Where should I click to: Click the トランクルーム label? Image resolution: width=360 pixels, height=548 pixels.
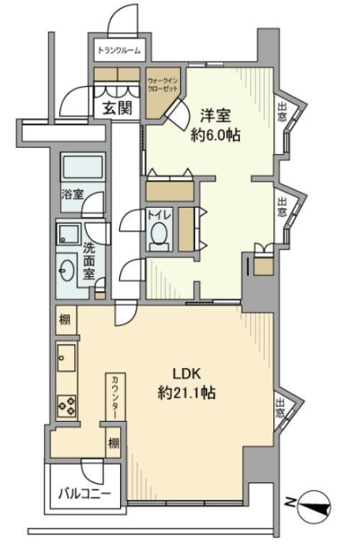click(x=119, y=51)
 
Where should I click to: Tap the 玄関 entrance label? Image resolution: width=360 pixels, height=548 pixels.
click(x=117, y=108)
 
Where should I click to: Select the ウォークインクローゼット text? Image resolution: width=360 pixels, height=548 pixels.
click(x=163, y=84)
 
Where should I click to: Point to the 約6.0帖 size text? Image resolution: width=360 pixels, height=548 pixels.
click(x=216, y=135)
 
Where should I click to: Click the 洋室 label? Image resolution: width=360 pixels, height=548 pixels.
click(x=216, y=116)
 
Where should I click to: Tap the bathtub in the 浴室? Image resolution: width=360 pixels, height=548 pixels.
click(x=83, y=167)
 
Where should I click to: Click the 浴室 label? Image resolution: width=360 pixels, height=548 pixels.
click(x=73, y=194)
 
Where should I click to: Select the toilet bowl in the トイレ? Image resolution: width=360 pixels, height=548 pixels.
click(x=159, y=232)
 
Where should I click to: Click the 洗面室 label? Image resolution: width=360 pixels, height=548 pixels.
click(x=89, y=261)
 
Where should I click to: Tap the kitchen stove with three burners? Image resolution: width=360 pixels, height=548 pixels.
click(x=66, y=406)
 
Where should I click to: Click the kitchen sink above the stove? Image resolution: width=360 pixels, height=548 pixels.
click(x=66, y=358)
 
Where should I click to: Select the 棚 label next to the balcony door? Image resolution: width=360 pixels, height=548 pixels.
click(x=114, y=443)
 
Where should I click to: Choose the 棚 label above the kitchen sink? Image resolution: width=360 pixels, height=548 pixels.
click(x=65, y=320)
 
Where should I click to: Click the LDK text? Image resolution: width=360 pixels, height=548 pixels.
click(x=187, y=374)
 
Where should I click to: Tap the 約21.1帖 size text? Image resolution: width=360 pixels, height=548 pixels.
click(x=186, y=392)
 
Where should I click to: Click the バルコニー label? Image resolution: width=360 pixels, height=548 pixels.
click(x=84, y=494)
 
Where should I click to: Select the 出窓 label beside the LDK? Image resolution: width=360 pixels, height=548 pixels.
click(x=279, y=408)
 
